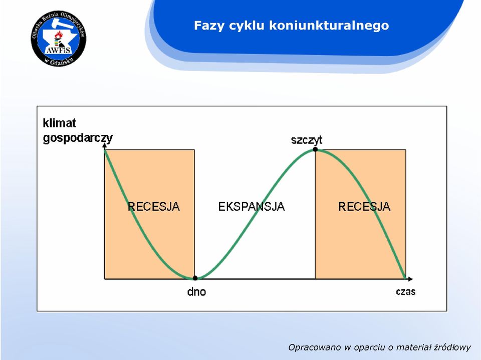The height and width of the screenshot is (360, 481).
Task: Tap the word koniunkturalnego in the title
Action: pos(329,26)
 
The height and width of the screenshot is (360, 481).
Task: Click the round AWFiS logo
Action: pos(59,38)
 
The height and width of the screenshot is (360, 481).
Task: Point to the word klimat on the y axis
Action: pos(59,123)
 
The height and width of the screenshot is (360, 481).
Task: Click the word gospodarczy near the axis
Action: pos(78,138)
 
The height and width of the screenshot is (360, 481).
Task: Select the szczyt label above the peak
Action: pos(307,140)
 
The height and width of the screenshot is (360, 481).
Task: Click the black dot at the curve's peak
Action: pos(315,149)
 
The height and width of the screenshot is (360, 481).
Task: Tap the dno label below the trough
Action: pos(196,291)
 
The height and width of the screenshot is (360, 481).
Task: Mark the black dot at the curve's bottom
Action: pos(195,278)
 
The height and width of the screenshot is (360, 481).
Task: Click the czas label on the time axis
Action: pos(405,291)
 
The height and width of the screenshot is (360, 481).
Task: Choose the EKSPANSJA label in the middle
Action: pos(252,207)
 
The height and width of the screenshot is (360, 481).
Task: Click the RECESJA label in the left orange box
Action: pos(154,207)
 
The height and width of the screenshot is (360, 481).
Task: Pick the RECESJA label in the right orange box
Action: pos(364,207)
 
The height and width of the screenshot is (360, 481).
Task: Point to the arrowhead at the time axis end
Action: pos(410,279)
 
